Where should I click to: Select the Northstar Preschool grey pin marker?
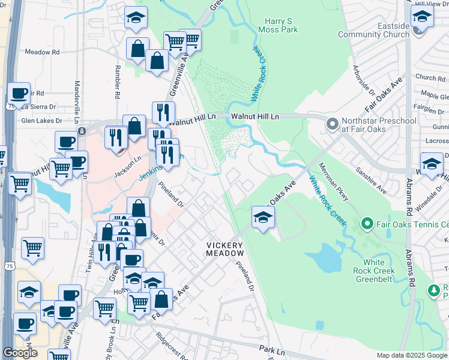click(x=332, y=125)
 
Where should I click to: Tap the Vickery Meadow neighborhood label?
click(x=224, y=249)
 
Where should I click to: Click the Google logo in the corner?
click(x=20, y=353)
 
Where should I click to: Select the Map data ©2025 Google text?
click(x=412, y=355)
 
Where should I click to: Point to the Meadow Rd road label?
click(x=42, y=52)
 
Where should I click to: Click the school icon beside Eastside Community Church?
click(x=422, y=18)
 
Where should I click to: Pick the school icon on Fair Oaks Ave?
click(x=262, y=218)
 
